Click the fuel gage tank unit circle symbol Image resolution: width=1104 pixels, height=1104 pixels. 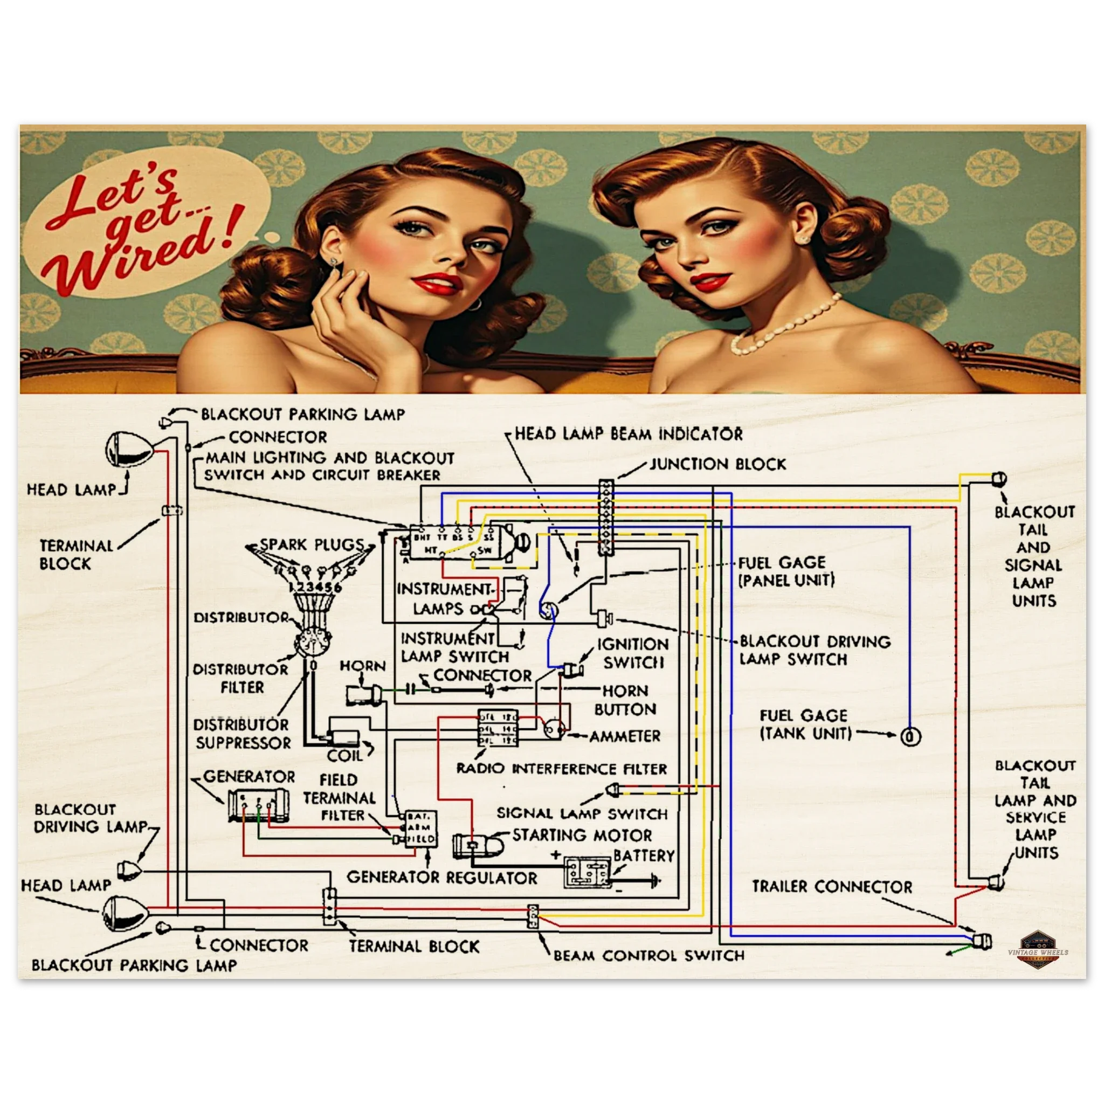click(910, 736)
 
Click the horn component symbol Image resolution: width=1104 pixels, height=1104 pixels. click(361, 694)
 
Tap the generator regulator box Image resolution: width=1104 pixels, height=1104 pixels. click(420, 828)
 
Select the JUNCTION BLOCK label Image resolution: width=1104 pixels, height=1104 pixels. click(717, 464)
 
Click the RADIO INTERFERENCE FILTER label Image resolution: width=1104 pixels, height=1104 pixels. click(561, 769)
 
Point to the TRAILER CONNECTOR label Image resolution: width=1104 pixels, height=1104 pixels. click(831, 887)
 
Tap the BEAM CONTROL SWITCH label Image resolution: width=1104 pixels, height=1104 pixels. click(648, 955)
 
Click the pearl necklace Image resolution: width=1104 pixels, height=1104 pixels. click(782, 326)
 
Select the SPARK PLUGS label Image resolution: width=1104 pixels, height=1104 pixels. click(312, 544)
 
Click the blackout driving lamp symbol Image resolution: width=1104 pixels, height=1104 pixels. click(129, 870)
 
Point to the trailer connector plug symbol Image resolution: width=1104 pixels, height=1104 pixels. click(983, 941)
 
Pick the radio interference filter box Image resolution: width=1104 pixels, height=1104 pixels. click(498, 728)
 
